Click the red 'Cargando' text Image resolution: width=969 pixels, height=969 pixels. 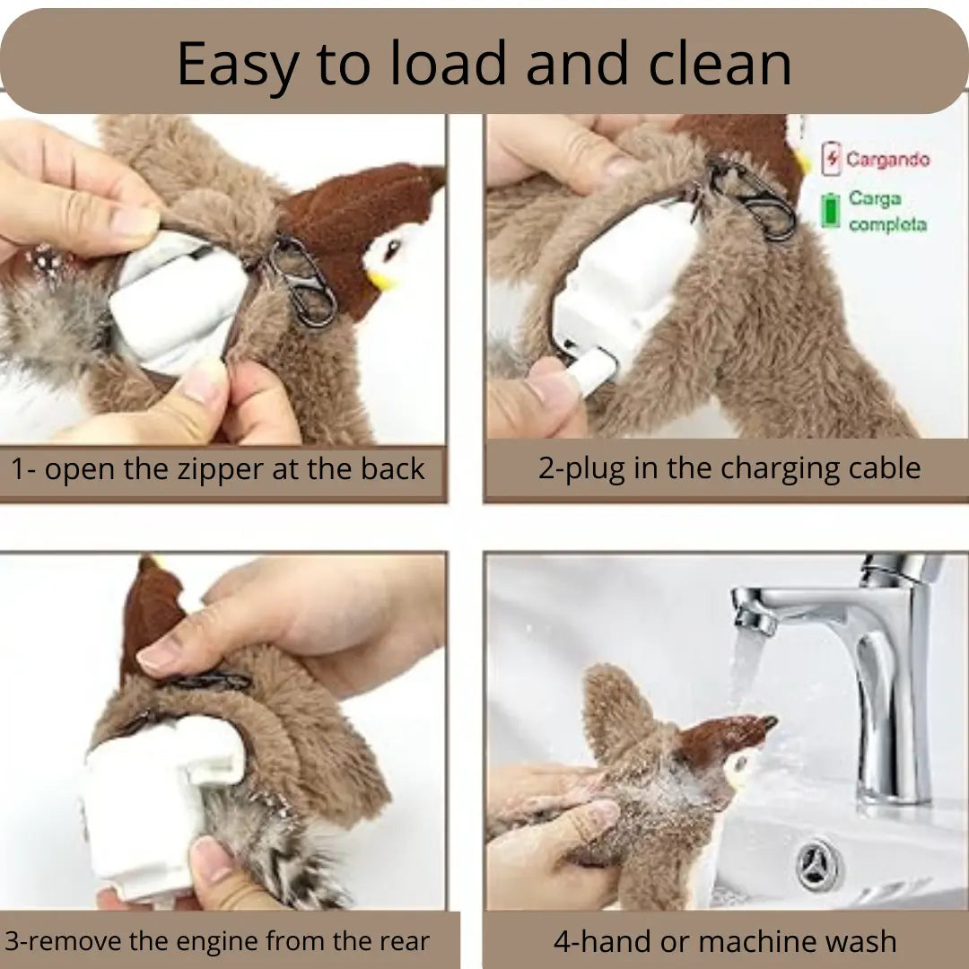click(887, 160)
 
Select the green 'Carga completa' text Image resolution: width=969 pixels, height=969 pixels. click(886, 211)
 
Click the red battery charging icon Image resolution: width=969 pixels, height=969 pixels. click(831, 160)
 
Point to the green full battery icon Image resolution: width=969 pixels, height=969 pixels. click(831, 209)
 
